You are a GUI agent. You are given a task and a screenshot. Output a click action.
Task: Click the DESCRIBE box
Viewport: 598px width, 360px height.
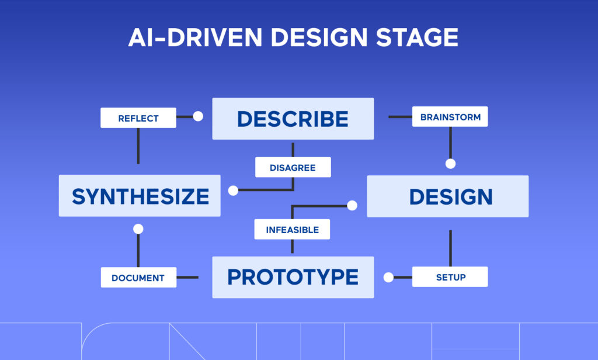point(293,119)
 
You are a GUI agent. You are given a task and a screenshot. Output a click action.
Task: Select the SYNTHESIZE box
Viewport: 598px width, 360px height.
point(140,196)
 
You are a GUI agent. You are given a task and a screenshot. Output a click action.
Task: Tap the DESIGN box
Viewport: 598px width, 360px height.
point(447,196)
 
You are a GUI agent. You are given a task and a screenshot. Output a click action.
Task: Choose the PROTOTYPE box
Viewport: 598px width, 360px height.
point(293,277)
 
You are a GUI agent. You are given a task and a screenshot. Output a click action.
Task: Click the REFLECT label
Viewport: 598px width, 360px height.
point(138,117)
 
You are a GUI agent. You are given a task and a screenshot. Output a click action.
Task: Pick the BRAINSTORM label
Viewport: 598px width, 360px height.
point(450,117)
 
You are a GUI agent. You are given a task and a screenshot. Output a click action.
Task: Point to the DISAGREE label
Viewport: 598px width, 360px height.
point(293,167)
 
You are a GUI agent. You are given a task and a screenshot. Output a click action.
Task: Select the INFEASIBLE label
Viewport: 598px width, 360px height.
point(292,229)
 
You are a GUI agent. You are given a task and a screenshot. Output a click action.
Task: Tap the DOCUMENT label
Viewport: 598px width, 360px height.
point(138,278)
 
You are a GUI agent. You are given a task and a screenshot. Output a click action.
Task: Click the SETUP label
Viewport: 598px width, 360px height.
point(450,277)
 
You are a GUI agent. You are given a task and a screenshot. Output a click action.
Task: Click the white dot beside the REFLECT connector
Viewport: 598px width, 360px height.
point(198,116)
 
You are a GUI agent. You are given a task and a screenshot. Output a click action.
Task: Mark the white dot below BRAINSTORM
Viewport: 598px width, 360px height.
point(450,164)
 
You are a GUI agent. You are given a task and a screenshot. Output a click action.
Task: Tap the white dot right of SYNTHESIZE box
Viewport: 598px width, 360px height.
point(233,190)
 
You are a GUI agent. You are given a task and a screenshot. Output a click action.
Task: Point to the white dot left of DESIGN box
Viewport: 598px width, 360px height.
point(352,205)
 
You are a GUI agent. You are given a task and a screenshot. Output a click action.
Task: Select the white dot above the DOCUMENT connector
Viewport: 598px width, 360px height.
point(138,229)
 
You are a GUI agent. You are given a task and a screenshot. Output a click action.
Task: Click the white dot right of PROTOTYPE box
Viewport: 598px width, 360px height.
point(388,277)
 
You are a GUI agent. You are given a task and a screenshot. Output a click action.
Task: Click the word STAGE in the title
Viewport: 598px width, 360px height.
point(417,37)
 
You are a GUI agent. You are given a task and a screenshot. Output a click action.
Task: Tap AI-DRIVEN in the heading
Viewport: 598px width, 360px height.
point(196,37)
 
